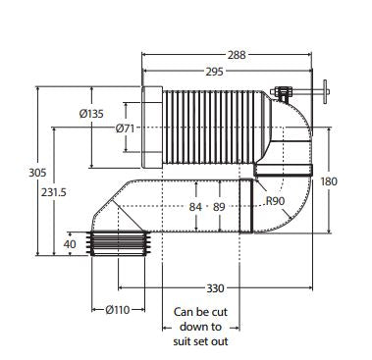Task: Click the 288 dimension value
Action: point(237,55)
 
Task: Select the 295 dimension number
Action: point(214,72)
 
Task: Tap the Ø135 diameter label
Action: point(91,114)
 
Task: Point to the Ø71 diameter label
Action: point(125,129)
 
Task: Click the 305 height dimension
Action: point(37,173)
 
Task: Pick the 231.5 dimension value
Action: point(53,192)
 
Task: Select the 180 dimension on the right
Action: point(328,181)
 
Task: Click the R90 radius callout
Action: point(275,201)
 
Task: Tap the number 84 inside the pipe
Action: point(195,207)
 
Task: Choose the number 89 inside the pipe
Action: point(219,207)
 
